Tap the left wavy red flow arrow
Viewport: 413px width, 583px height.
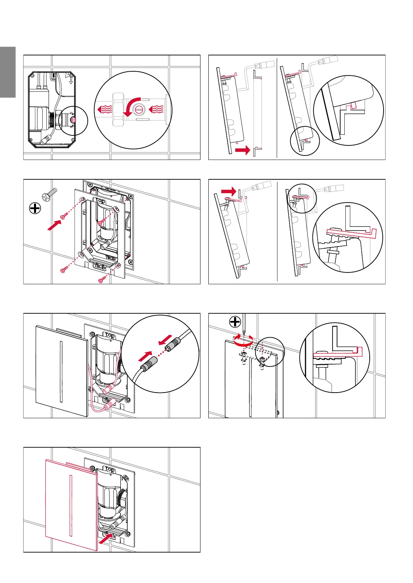(104, 110)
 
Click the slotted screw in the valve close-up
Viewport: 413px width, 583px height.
(139, 110)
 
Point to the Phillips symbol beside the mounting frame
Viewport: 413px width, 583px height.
(35, 208)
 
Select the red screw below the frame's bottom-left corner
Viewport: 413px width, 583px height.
(63, 269)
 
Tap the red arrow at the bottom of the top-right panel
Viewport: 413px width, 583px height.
(242, 150)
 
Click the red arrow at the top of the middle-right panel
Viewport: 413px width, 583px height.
(229, 191)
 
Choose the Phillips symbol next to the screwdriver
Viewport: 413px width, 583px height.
(235, 322)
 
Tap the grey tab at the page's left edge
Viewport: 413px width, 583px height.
(8, 72)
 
